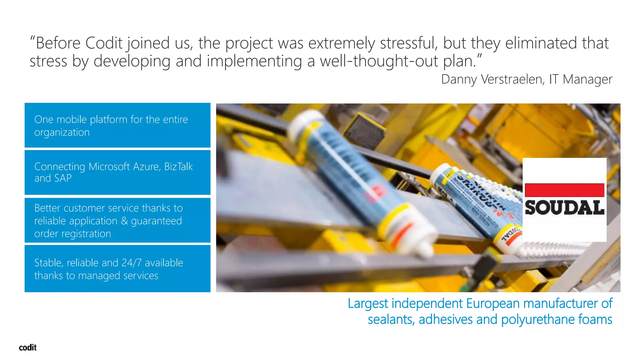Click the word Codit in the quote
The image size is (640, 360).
104,43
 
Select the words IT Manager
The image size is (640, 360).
581,79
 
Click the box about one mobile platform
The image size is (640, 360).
117,125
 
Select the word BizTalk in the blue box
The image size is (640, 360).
178,167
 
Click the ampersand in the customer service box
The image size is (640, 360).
124,221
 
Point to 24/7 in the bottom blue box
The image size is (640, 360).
131,263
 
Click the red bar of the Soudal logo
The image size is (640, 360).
564,190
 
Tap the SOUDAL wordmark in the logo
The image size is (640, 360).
564,208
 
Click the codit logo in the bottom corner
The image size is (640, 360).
28,347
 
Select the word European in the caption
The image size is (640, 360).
493,303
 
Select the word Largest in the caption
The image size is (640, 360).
368,303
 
